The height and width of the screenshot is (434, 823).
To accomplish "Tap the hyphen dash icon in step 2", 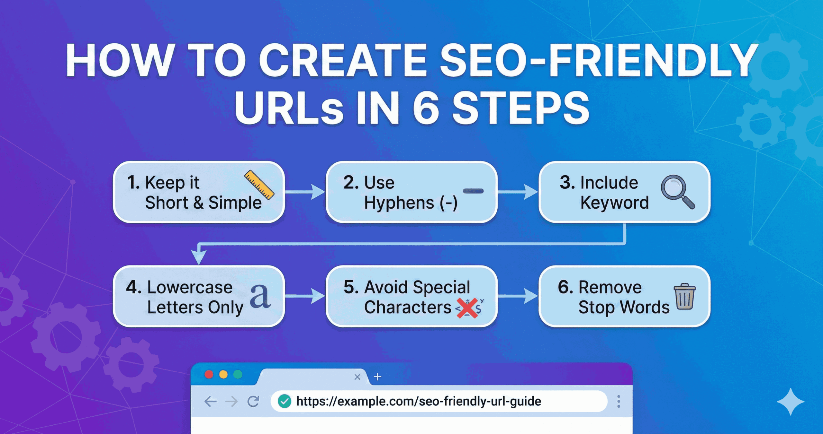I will pyautogui.click(x=473, y=191).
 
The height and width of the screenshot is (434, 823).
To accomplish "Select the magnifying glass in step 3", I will pyautogui.click(x=677, y=191).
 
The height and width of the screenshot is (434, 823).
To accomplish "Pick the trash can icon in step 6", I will pyautogui.click(x=684, y=297).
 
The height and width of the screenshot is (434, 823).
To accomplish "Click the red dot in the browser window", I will pyautogui.click(x=209, y=374).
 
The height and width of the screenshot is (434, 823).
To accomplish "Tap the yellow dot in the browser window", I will pyautogui.click(x=223, y=374).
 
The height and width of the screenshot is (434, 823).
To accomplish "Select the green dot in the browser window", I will pyautogui.click(x=238, y=374).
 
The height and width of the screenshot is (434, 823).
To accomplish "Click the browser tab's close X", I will pyautogui.click(x=357, y=377).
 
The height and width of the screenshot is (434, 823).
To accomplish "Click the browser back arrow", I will pyautogui.click(x=211, y=401).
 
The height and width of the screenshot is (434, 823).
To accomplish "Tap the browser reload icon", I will pyautogui.click(x=253, y=401).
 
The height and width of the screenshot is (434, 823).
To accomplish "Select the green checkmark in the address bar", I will pyautogui.click(x=285, y=401).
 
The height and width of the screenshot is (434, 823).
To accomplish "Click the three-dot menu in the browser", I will pyautogui.click(x=619, y=401).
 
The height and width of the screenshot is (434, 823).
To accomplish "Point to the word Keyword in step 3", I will pyautogui.click(x=614, y=203).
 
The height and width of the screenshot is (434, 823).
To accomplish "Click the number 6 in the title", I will pyautogui.click(x=426, y=108).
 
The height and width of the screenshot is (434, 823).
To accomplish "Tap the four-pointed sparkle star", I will pyautogui.click(x=791, y=402).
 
